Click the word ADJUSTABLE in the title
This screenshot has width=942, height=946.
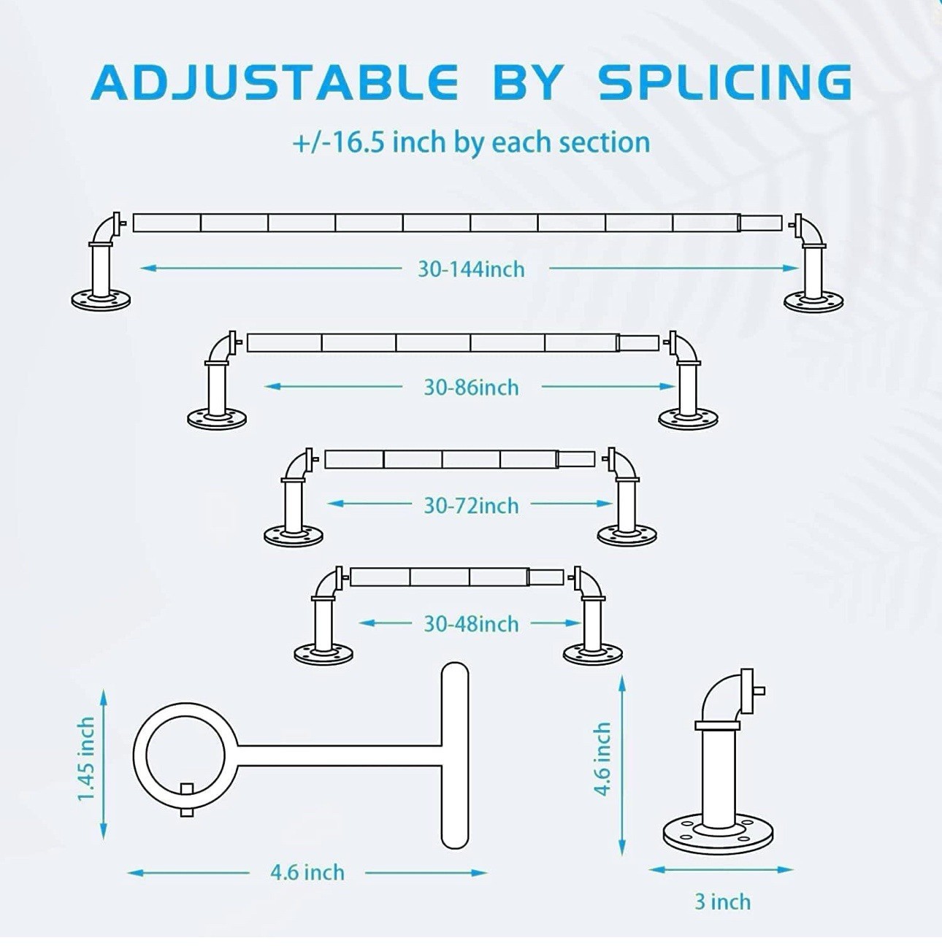[x=274, y=82]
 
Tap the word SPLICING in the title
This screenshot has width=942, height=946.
[x=725, y=82]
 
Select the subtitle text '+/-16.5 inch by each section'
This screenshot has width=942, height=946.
[x=471, y=143]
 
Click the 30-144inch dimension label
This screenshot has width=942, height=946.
[x=471, y=269]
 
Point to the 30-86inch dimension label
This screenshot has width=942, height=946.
[x=471, y=388]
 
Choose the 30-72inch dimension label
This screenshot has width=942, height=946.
[x=471, y=506]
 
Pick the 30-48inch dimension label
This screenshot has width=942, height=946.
[x=471, y=624]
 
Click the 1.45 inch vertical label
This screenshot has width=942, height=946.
[x=86, y=759]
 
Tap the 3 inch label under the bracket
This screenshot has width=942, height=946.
[x=722, y=902]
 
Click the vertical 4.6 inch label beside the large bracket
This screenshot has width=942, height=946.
[x=602, y=759]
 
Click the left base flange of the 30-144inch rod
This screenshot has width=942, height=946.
[x=101, y=301]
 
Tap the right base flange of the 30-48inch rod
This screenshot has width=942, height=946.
[x=593, y=653]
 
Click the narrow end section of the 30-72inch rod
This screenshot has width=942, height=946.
[x=576, y=460]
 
